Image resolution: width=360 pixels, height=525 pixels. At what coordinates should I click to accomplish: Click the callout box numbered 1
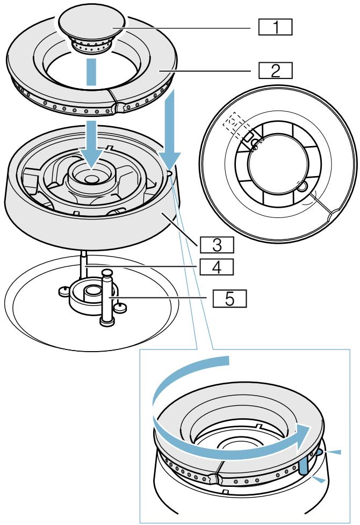275,27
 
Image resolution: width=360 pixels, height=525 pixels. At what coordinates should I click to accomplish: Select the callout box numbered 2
275,71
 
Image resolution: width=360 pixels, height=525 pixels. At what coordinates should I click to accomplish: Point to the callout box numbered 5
229,298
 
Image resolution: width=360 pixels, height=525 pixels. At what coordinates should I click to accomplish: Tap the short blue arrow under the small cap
92,72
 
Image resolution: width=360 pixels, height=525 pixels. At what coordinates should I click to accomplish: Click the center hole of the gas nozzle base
92,291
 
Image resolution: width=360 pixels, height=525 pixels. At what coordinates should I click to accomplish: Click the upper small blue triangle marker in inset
333,453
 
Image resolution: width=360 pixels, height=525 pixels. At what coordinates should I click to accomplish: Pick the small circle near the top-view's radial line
302,186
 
